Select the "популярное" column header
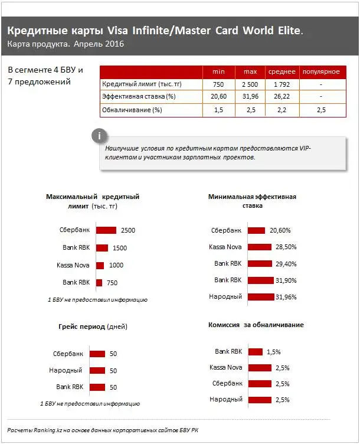point(320,71)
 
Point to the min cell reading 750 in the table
point(218,84)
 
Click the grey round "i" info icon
point(100,135)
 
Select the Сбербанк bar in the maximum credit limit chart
point(106,230)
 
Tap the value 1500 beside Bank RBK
point(120,248)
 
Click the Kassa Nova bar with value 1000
point(100,265)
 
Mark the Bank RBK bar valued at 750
point(99,283)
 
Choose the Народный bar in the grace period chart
point(97,371)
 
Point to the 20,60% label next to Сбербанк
point(280,231)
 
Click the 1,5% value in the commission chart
point(273,352)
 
